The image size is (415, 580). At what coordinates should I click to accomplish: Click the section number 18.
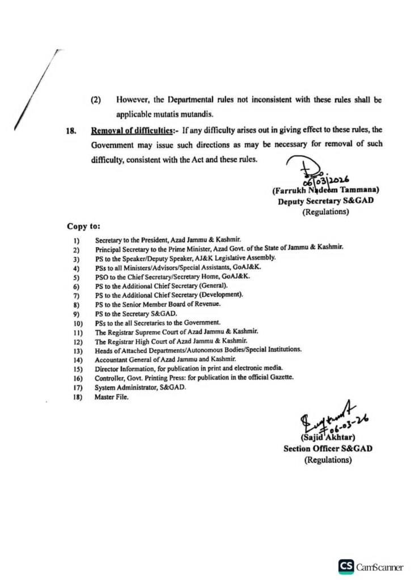coord(71,131)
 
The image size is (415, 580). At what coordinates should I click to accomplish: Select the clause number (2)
coord(96,100)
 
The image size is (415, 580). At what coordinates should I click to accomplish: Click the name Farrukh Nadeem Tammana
coord(325,191)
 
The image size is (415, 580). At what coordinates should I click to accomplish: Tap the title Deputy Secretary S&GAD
coord(325,202)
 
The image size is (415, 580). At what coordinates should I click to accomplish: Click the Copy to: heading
coord(84,226)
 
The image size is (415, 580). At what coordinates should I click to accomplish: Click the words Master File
coord(112,398)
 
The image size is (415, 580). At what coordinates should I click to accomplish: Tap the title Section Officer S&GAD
coord(328,449)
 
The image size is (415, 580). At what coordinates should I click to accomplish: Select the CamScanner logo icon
coord(346,566)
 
